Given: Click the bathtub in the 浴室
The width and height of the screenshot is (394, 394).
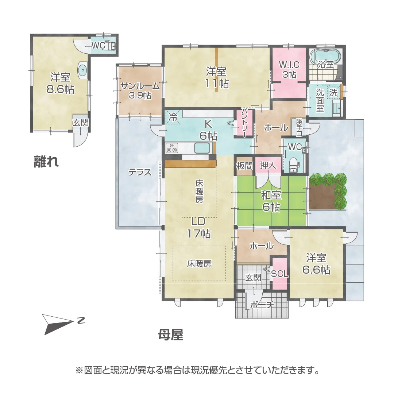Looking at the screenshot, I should [x=325, y=56].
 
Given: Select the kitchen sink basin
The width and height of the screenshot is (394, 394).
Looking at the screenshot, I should [x=202, y=148].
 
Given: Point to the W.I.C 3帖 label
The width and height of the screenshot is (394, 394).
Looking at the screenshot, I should [x=289, y=69].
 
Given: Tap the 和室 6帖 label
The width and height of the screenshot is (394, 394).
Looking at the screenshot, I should [x=270, y=201].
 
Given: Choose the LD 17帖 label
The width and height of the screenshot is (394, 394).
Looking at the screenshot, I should [x=199, y=227].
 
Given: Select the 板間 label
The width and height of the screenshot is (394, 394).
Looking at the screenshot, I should [x=244, y=166].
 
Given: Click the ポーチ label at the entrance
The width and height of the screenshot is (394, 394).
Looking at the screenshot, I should [x=262, y=305].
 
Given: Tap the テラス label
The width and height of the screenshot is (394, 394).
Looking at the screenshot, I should [x=140, y=172].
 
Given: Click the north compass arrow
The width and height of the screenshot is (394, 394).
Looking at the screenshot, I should [x=58, y=323].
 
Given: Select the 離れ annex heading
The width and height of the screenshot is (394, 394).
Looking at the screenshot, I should [x=46, y=161].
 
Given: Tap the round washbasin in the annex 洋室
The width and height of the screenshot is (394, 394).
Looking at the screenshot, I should [x=83, y=70].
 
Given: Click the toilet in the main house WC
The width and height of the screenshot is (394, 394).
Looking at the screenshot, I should [x=294, y=164].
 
